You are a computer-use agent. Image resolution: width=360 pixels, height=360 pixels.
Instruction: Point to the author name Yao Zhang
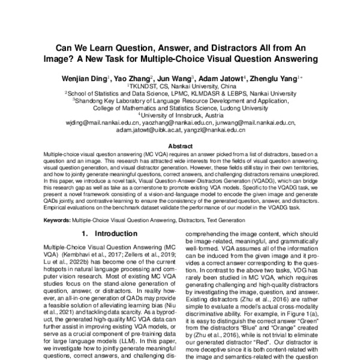tap(133, 78)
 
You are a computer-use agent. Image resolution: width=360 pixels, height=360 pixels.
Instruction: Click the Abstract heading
tap(180, 146)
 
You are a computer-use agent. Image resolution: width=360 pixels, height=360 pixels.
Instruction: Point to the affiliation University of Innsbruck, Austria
tap(181, 115)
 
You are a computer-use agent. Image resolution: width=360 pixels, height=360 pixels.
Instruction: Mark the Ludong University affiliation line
tap(181, 108)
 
